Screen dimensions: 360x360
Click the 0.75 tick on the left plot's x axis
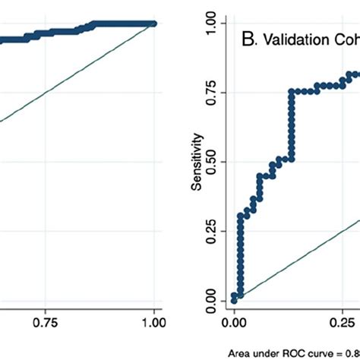(46, 322)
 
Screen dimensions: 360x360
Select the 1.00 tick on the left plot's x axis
(154, 322)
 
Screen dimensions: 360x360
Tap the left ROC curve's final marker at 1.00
(154, 24)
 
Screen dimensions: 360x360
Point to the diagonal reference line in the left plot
(76, 75)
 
